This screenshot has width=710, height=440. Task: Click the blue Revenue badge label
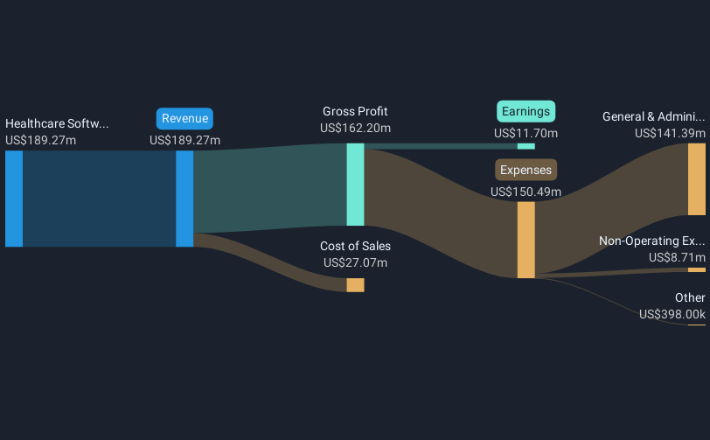point(184,119)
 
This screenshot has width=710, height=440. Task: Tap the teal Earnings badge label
point(526,111)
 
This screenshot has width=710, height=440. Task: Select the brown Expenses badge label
point(526,170)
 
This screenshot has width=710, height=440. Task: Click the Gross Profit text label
point(355,111)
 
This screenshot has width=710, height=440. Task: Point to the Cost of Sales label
point(355,246)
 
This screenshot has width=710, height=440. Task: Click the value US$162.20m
point(355,128)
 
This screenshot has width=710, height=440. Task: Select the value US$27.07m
point(355,262)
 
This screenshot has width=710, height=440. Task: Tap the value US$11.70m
point(526,133)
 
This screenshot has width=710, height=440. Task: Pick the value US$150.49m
point(526,192)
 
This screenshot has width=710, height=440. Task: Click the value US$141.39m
point(670,133)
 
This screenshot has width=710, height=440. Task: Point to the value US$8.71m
point(677,257)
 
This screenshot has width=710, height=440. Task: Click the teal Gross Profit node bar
point(355,184)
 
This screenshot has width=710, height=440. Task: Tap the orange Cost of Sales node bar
point(355,285)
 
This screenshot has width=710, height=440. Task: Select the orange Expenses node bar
point(526,240)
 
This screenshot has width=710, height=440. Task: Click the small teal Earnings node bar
point(526,146)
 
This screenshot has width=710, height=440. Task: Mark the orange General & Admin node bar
point(696,179)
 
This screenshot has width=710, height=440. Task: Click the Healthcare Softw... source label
point(57,123)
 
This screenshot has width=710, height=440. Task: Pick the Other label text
point(690,297)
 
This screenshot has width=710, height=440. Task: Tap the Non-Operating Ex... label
point(651,241)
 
